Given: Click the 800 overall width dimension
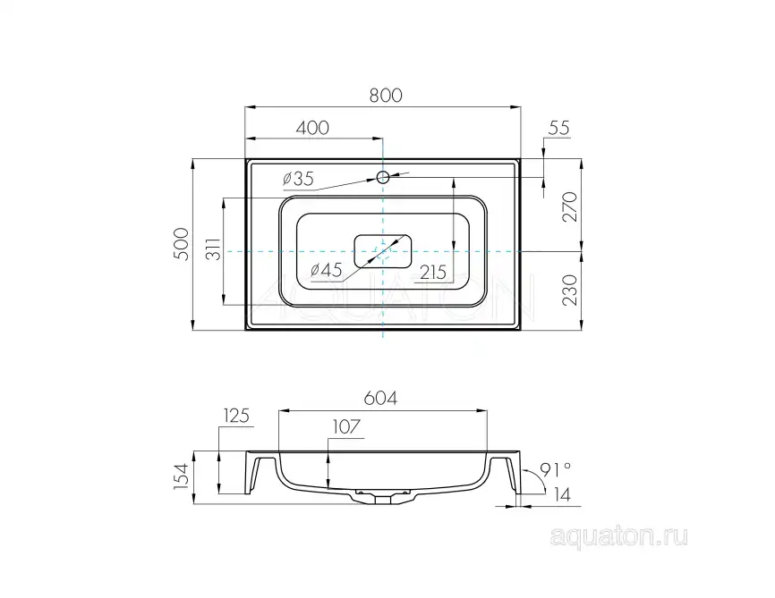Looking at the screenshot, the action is [x=386, y=95].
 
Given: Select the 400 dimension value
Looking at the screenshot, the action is [x=311, y=128].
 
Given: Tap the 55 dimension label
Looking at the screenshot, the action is [x=559, y=128].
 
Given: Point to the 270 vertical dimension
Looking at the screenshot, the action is [x=569, y=206].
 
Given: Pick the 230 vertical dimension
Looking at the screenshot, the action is [x=569, y=291].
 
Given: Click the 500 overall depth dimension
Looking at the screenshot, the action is [x=182, y=244].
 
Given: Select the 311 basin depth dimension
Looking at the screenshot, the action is [x=214, y=248].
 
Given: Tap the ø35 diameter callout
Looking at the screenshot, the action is [x=298, y=178].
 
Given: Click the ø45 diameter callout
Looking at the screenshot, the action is [x=327, y=270].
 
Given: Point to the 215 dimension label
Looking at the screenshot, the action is [x=433, y=272].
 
